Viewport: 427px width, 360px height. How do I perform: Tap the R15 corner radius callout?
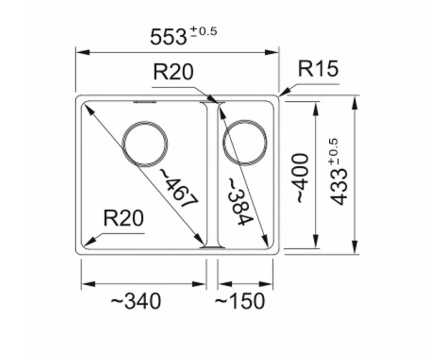318,69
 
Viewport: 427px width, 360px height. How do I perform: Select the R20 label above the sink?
173,71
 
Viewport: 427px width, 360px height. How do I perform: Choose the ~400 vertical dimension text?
302,177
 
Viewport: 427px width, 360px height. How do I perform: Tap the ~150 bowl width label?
240,302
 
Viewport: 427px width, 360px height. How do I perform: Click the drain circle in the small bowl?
244,142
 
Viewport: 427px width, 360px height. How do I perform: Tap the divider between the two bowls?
212,173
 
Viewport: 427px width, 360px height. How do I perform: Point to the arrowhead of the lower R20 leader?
86,244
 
